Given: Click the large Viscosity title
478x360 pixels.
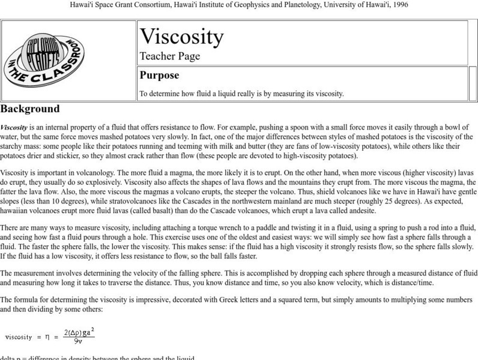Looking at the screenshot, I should pyautogui.click(x=181, y=37).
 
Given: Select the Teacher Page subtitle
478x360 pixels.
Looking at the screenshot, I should pyautogui.click(x=170, y=56).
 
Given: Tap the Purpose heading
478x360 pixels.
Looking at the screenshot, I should pyautogui.click(x=159, y=76).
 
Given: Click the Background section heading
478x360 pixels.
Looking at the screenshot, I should pyautogui.click(x=30, y=109).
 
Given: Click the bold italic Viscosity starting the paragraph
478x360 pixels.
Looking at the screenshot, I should pyautogui.click(x=13, y=127).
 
